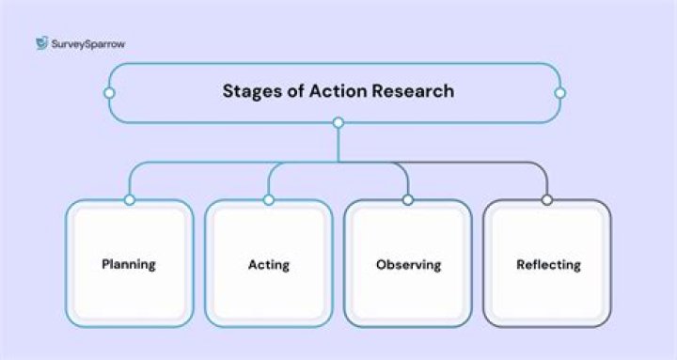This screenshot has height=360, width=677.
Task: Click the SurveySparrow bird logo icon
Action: (x=42, y=42)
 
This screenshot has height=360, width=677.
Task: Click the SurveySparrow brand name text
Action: (x=88, y=44)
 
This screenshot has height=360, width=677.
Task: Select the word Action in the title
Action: (x=338, y=90)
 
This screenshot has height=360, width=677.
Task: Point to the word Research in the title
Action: (x=413, y=90)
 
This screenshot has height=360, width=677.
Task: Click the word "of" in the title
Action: (x=295, y=90)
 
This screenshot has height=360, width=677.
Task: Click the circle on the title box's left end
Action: (x=110, y=93)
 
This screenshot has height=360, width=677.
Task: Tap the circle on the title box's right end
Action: (x=560, y=93)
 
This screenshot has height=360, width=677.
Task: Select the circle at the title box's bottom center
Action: (x=338, y=122)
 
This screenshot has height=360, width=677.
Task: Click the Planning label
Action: (x=129, y=264)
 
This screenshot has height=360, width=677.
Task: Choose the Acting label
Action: (x=269, y=265)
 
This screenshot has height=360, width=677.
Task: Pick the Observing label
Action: (x=408, y=265)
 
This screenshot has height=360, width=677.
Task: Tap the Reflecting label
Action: (x=548, y=265)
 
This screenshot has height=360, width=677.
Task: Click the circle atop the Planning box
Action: (x=130, y=200)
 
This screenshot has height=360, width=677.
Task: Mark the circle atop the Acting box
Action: (x=269, y=200)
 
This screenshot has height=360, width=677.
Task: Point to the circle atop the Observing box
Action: (x=408, y=200)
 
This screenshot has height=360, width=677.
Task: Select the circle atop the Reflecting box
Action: (x=547, y=200)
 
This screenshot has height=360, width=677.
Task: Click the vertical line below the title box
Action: (x=338, y=145)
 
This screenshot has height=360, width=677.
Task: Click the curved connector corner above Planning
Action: (x=134, y=168)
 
